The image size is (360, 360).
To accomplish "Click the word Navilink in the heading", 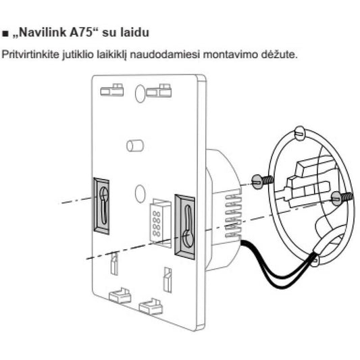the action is [x=43, y=32].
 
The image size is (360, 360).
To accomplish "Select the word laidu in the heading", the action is [x=135, y=32].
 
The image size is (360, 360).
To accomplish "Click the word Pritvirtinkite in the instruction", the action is [x=30, y=55].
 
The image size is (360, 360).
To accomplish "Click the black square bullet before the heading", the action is [x=5, y=34].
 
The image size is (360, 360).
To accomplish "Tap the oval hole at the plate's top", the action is [x=140, y=93].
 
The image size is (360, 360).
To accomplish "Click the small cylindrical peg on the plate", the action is [x=135, y=146].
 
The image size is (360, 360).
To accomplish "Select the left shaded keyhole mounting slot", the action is [x=101, y=206].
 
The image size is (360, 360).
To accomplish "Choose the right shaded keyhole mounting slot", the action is [x=185, y=227].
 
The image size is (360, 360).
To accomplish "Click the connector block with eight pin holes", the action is [x=160, y=223].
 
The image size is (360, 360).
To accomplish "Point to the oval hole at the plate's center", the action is [x=140, y=194].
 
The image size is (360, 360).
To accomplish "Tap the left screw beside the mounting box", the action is [x=263, y=181].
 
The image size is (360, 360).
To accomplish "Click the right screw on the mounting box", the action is [x=342, y=198].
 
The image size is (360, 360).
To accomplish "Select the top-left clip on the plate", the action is [x=112, y=90].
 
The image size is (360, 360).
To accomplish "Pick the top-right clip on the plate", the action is [x=159, y=91].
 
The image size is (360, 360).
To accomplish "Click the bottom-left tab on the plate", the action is [x=120, y=295].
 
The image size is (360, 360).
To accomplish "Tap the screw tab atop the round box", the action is [x=300, y=133].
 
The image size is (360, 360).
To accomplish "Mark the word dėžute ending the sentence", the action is [x=279, y=55].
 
